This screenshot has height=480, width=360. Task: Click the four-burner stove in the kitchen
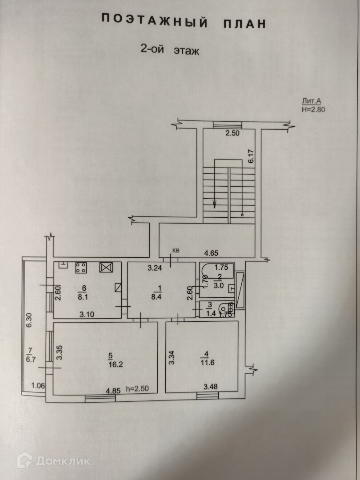81,267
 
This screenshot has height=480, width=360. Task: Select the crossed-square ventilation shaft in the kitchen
107,267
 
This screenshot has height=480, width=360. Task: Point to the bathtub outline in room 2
217,271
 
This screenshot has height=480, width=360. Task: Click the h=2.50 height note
136,389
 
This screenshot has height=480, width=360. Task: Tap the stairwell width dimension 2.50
232,133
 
